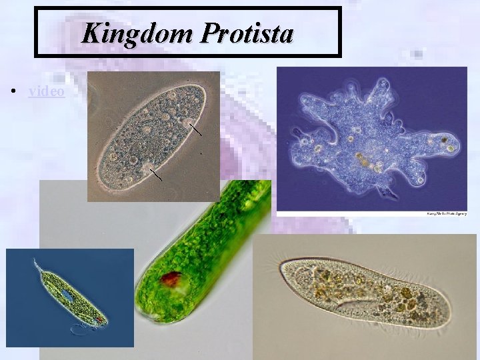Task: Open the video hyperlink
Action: tap(47, 91)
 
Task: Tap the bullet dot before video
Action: tap(14, 91)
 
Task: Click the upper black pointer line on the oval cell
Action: tap(195, 129)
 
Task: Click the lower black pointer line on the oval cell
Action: tap(156, 175)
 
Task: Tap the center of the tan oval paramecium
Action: tap(149, 137)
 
